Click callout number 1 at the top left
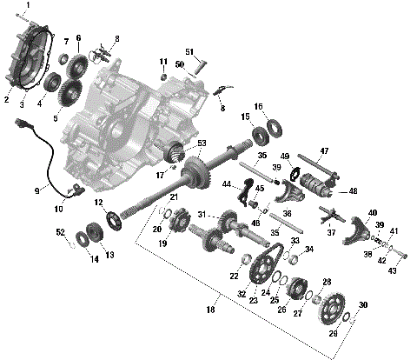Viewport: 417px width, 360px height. coord(27,5)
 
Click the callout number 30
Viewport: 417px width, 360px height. coord(363,304)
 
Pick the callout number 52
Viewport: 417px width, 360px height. coord(60,232)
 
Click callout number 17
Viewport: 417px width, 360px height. coord(160,174)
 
